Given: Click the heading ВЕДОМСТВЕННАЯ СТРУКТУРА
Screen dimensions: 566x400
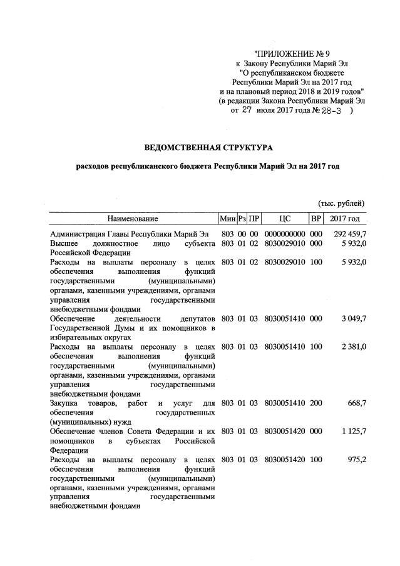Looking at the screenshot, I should [x=209, y=148].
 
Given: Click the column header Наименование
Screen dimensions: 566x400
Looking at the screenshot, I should [x=132, y=219].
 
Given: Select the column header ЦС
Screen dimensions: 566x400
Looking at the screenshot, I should [x=285, y=219].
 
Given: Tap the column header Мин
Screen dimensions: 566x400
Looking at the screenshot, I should [x=227, y=219].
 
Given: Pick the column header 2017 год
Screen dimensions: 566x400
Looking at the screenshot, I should [x=345, y=219].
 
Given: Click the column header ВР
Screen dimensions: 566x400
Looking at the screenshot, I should [x=316, y=219].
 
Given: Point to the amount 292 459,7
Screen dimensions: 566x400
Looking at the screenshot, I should [x=346, y=234].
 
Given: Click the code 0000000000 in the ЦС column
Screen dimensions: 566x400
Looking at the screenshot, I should [x=285, y=234].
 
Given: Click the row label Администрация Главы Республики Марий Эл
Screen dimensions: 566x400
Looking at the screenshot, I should [x=125, y=234].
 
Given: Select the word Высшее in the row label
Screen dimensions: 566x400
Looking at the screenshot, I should [x=65, y=243].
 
